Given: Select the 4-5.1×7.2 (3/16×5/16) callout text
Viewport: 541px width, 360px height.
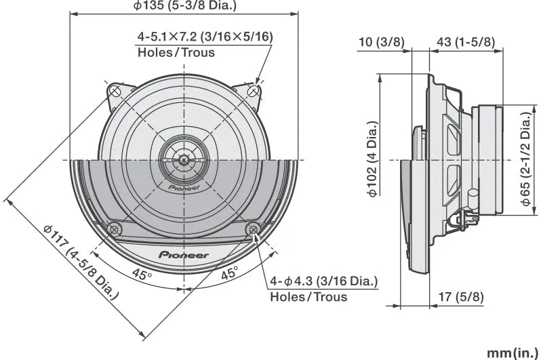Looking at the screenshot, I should coord(205,37).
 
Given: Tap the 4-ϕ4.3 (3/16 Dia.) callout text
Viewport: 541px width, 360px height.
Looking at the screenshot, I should coord(323,281).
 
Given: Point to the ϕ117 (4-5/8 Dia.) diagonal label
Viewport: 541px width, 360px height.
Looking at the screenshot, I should coord(81,262).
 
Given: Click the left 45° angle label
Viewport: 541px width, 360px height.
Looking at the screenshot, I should coord(141,275).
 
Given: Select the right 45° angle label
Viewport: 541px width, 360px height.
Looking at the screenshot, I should coord(229,275).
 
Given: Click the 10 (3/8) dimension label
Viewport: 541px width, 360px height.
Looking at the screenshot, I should coord(380,42).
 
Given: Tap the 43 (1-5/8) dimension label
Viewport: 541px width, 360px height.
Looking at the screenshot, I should coord(465,42).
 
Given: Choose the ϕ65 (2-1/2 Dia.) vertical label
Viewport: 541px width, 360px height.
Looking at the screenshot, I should coord(525,160).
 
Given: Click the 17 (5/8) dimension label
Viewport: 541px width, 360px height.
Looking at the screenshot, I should coord(460,296).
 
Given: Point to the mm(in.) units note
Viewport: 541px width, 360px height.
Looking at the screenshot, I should coord(513,353).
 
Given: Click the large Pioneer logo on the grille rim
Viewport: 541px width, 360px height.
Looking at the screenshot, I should coord(184,255).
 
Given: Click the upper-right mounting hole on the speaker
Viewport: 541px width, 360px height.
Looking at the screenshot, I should coord(253,90).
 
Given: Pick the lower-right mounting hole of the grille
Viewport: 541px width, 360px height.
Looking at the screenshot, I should coord(254,228).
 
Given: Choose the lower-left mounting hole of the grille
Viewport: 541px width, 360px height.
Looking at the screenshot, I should coord(113,228).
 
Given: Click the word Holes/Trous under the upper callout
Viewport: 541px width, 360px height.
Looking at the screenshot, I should coord(176,52).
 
